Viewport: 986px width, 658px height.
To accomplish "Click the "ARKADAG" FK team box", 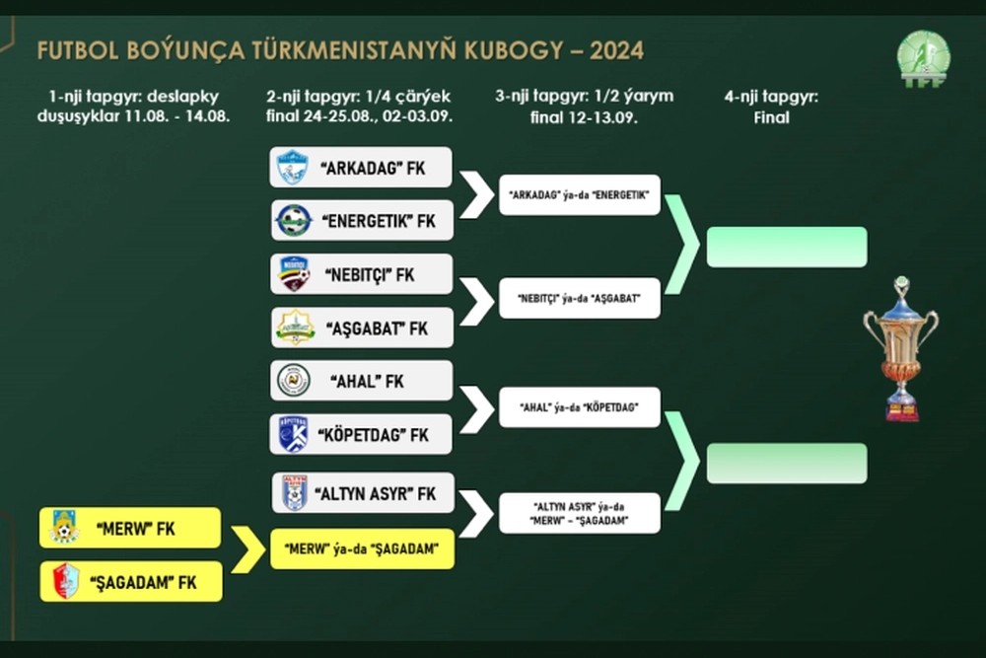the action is pyautogui.click(x=360, y=168).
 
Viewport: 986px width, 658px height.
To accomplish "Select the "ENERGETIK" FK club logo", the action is pyautogui.click(x=294, y=221).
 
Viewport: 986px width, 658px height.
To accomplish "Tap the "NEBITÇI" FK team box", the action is pyautogui.click(x=362, y=274).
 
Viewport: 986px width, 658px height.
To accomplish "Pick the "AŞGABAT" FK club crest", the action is pyautogui.click(x=296, y=328).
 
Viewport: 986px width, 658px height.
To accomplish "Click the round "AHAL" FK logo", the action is pyautogui.click(x=294, y=381).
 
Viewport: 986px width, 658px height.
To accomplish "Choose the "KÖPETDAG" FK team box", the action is pyautogui.click(x=361, y=434).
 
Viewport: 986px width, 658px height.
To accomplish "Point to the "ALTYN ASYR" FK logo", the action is pyautogui.click(x=294, y=492).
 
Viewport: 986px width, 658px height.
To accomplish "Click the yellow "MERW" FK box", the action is pyautogui.click(x=130, y=528).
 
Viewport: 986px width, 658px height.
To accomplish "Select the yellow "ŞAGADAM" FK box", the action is pyautogui.click(x=131, y=581).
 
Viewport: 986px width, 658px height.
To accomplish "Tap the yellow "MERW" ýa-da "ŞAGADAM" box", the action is pyautogui.click(x=362, y=549).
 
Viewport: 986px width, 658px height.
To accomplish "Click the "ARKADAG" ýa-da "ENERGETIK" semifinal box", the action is pyautogui.click(x=579, y=195).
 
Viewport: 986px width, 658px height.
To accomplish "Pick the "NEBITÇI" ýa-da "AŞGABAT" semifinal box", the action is pyautogui.click(x=579, y=298).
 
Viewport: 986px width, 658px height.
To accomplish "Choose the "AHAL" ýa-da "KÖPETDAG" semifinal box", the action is pyautogui.click(x=579, y=407).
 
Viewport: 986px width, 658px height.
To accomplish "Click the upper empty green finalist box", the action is pyautogui.click(x=787, y=247).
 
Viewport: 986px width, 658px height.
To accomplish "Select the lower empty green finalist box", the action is pyautogui.click(x=787, y=464).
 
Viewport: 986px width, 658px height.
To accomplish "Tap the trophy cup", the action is pyautogui.click(x=901, y=349).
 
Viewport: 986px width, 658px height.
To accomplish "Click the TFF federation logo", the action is pyautogui.click(x=924, y=59).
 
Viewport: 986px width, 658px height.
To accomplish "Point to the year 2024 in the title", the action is pyautogui.click(x=616, y=50).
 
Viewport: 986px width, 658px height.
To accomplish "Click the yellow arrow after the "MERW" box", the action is pyautogui.click(x=248, y=549).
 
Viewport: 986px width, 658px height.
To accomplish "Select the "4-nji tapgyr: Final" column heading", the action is pyautogui.click(x=772, y=107).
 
